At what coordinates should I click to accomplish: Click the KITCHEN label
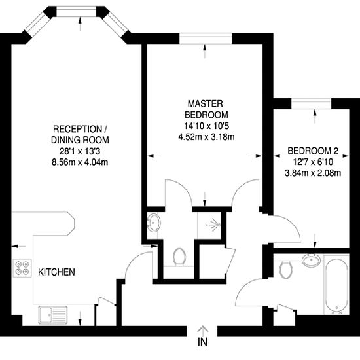pyautogui.click(x=56, y=272)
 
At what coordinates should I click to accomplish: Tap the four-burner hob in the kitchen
pyautogui.click(x=22, y=268)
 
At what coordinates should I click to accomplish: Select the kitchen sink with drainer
pyautogui.click(x=53, y=315)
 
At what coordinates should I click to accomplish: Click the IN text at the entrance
pyautogui.click(x=202, y=342)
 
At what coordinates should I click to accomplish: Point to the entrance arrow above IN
pyautogui.click(x=202, y=331)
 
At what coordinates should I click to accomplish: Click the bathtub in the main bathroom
pyautogui.click(x=336, y=285)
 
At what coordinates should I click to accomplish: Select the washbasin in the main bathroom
pyautogui.click(x=311, y=261)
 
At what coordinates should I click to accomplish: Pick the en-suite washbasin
pyautogui.click(x=153, y=222)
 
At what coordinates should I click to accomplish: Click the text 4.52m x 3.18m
pyautogui.click(x=206, y=137)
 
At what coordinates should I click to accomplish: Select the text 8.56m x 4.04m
pyautogui.click(x=80, y=162)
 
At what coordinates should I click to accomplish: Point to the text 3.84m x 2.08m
pyautogui.click(x=313, y=173)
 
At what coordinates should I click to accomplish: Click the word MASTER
pyautogui.click(x=206, y=104)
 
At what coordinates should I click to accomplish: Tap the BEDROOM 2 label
pyautogui.click(x=313, y=151)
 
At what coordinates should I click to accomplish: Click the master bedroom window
pyautogui.click(x=206, y=39)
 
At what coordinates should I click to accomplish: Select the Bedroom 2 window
pyautogui.click(x=312, y=103)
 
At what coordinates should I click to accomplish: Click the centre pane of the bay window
pyautogui.click(x=77, y=11)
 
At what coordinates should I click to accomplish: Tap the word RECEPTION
pyautogui.click(x=77, y=129)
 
